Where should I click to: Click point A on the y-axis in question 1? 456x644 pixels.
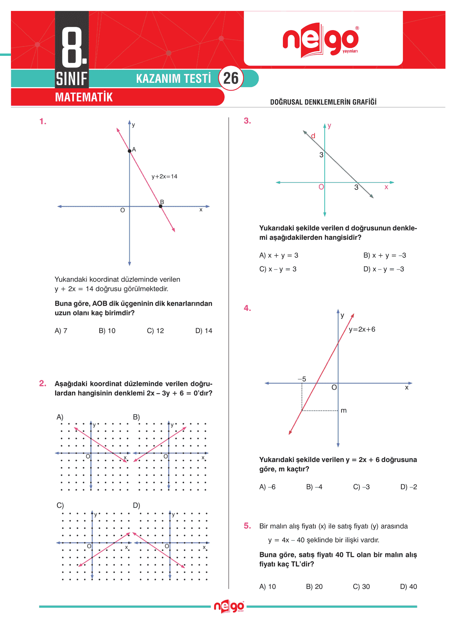coord(130,151)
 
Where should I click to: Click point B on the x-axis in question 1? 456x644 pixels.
coord(161,206)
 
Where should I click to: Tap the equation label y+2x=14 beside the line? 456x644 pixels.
coord(164,177)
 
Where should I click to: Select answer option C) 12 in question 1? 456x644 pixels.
coord(155,331)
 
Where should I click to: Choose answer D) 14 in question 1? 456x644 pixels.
coord(204,331)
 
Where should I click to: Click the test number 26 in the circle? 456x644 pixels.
coord(231,78)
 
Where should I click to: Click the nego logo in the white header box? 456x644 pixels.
coord(320,40)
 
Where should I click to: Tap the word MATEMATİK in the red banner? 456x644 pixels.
coord(84,97)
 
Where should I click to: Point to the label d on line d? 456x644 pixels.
coord(313,136)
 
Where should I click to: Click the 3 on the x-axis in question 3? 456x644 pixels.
coord(356,187)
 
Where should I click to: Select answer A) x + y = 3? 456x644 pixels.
coord(279,255)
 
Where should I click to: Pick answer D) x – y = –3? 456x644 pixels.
coord(383,269)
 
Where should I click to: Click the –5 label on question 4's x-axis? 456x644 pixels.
coord(302,379)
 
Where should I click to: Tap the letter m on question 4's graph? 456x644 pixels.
coord(344,410)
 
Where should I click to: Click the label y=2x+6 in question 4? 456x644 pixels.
coord(362,329)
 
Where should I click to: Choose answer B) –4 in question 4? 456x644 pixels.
coord(314,487)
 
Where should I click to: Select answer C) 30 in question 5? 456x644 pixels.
coord(361,587)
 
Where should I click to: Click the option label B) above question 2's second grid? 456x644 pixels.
coord(136,417)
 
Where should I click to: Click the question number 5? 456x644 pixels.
coord(247,526)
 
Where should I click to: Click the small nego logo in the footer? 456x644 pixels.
coord(229,607)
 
